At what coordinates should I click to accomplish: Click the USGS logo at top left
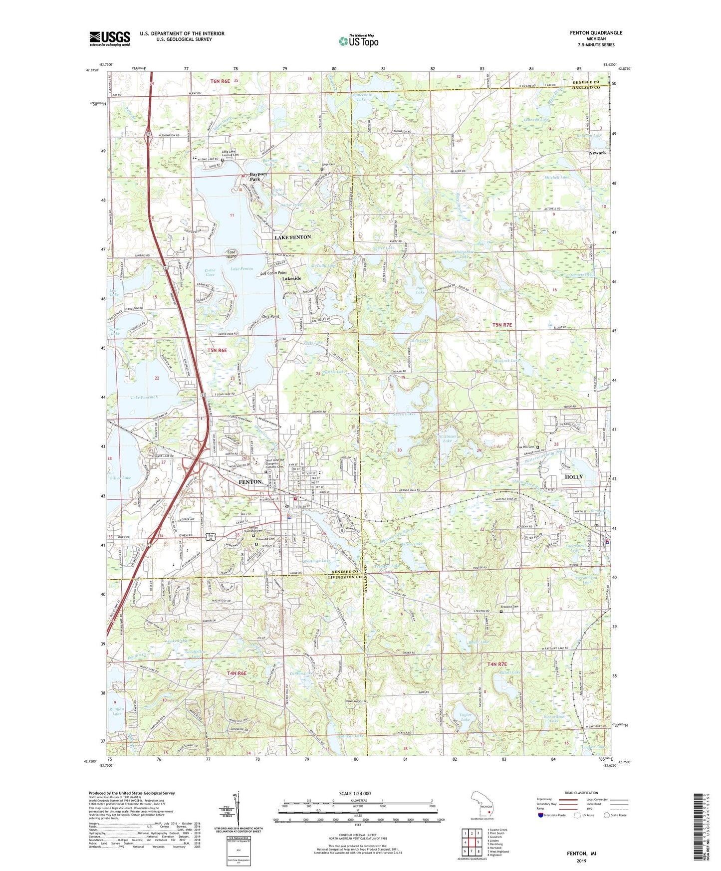[109, 38]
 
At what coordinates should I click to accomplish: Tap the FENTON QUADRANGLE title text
[596, 33]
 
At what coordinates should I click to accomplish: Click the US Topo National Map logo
[359, 41]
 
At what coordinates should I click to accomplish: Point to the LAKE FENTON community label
[292, 237]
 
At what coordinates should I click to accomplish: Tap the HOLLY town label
[573, 477]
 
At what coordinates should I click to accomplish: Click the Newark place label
[597, 153]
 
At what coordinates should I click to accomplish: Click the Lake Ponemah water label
[144, 398]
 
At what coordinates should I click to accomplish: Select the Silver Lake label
[120, 478]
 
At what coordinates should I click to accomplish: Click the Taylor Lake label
[465, 717]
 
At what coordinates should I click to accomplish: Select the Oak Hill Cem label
[525, 446]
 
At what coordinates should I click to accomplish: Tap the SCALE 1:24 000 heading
[354, 794]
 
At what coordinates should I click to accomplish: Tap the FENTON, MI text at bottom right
[581, 854]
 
